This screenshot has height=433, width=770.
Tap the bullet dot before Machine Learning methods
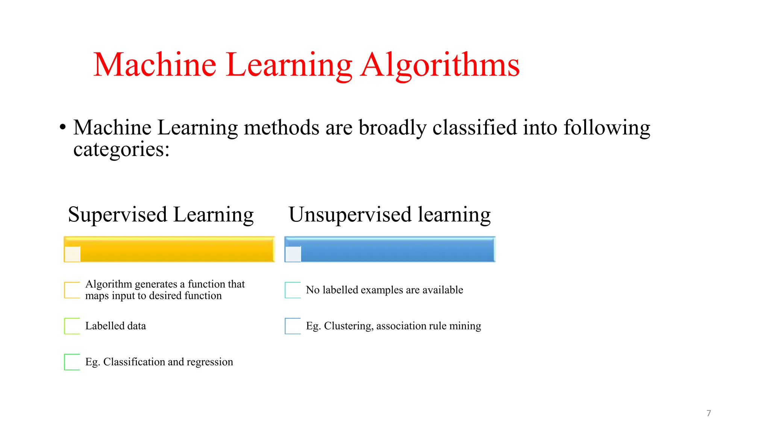[x=63, y=127]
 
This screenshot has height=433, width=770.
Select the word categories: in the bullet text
[x=121, y=149]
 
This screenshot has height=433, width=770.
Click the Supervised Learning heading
[x=161, y=215]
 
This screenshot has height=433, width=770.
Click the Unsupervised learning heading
[x=390, y=215]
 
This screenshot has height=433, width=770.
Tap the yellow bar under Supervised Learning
[x=177, y=249]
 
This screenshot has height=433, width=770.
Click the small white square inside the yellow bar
[x=73, y=254]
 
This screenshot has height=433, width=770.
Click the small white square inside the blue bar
[x=293, y=254]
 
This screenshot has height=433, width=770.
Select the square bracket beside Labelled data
[x=72, y=326]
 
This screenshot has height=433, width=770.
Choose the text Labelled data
[x=115, y=326]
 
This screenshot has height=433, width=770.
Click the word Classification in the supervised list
[x=134, y=362]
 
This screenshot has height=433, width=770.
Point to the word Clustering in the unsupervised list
[x=348, y=326]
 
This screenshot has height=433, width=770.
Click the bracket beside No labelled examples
[x=293, y=290]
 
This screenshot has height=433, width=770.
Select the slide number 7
[x=709, y=413]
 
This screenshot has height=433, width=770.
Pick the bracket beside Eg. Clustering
[x=293, y=326]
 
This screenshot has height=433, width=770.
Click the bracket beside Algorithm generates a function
[x=72, y=290]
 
